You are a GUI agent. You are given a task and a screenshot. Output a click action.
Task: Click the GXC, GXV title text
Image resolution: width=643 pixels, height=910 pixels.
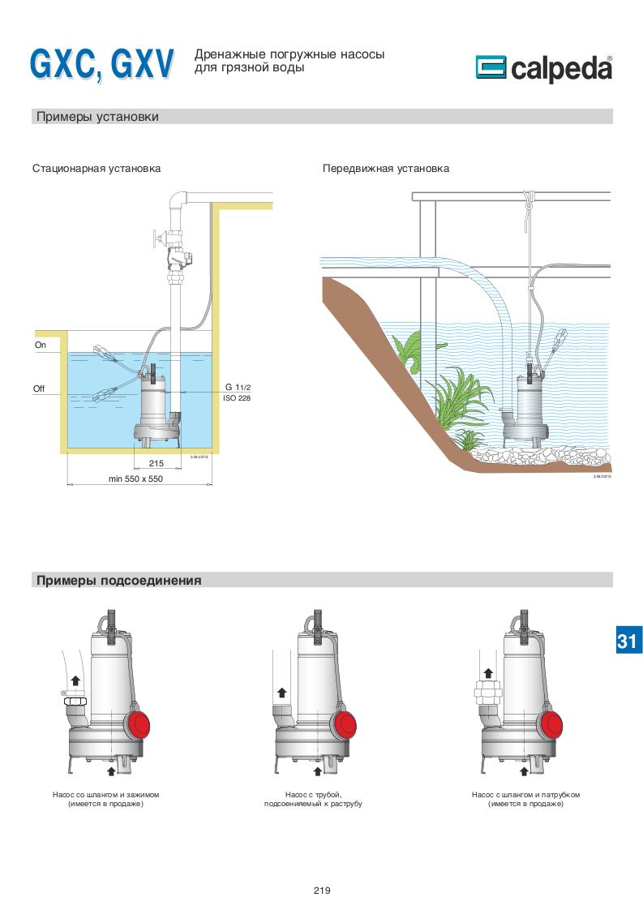point(102,64)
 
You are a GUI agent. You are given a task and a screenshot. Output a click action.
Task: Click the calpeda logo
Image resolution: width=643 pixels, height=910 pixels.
point(543,69)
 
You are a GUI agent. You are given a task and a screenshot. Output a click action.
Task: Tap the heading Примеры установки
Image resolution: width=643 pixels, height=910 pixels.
point(97,117)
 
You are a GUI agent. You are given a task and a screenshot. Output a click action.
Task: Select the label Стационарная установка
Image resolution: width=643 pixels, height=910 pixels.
point(96,169)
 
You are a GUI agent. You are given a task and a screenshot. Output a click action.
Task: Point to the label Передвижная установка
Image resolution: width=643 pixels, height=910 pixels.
point(386,169)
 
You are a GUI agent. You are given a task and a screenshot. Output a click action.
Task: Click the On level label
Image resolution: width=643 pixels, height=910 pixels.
point(41,345)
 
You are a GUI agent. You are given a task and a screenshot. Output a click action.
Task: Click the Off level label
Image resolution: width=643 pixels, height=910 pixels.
point(39,389)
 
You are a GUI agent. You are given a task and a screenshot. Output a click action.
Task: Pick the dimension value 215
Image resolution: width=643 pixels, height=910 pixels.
point(156,463)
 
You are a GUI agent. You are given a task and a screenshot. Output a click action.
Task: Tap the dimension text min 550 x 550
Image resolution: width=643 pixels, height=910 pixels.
point(135,479)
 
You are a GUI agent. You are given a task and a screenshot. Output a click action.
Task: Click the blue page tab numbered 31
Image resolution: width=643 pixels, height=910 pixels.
point(627,641)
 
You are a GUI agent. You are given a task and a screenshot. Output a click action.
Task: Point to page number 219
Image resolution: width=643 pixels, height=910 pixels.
point(321,891)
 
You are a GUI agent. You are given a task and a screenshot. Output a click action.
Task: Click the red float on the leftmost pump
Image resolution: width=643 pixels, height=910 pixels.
point(140,723)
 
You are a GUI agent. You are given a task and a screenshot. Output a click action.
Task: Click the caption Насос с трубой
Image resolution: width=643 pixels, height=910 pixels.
point(313,795)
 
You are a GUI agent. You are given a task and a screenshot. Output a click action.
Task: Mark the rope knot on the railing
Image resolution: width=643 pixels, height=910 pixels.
point(530,199)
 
